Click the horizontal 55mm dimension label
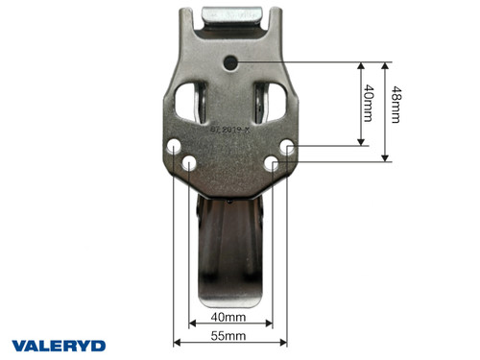[x=228, y=336]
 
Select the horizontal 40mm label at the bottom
[x=228, y=316]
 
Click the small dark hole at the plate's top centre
[x=231, y=63]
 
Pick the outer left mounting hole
[x=173, y=148]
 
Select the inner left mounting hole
[x=189, y=164]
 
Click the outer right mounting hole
[x=289, y=147]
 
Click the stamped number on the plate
[x=230, y=126]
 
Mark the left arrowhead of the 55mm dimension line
[x=177, y=343]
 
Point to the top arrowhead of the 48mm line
[x=385, y=66]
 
